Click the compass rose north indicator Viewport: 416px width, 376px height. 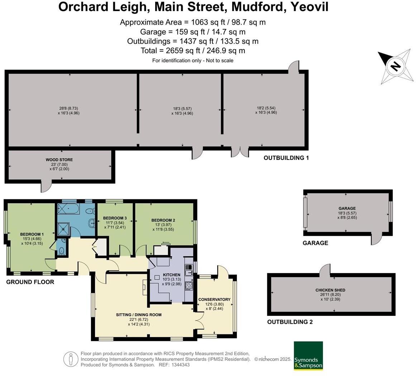coord(395,67)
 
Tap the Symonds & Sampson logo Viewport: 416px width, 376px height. coord(308,356)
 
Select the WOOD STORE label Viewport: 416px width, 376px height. coord(59,160)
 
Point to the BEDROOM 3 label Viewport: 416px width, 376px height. coord(115,218)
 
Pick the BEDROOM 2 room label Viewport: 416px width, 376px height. coord(163,220)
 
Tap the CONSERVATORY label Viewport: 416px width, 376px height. coord(214,299)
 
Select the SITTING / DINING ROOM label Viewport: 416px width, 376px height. coord(139,315)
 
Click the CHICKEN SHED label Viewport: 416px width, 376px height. coord(330,290)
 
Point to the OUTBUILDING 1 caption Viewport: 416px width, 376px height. coord(286,158)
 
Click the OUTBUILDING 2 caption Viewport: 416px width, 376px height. coord(290,322)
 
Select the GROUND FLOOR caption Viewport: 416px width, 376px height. coord(30,282)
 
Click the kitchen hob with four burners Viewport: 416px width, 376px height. coord(189,286)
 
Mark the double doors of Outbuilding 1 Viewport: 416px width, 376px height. coord(240,152)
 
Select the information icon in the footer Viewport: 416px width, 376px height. coord(71,359)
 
